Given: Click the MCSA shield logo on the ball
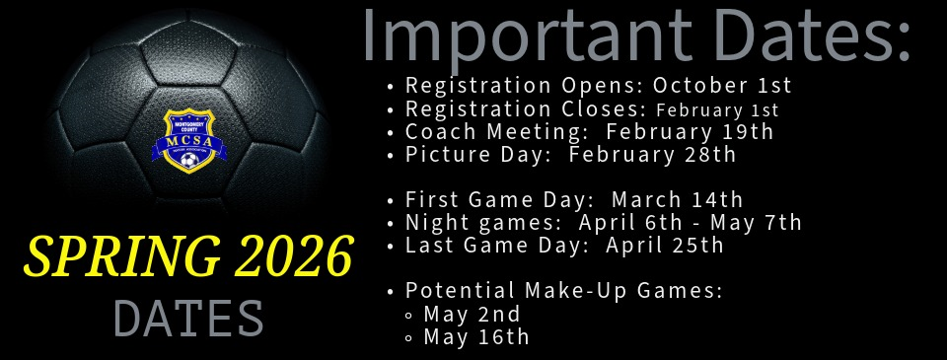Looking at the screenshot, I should coord(187,140).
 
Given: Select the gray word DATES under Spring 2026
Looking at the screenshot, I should coord(188,319).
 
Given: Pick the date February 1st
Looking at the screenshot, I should coord(717,109).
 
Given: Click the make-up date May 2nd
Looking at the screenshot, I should coord(472,315).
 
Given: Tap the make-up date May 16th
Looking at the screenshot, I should coord(476,337).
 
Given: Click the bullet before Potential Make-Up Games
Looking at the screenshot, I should coord(392,292).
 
